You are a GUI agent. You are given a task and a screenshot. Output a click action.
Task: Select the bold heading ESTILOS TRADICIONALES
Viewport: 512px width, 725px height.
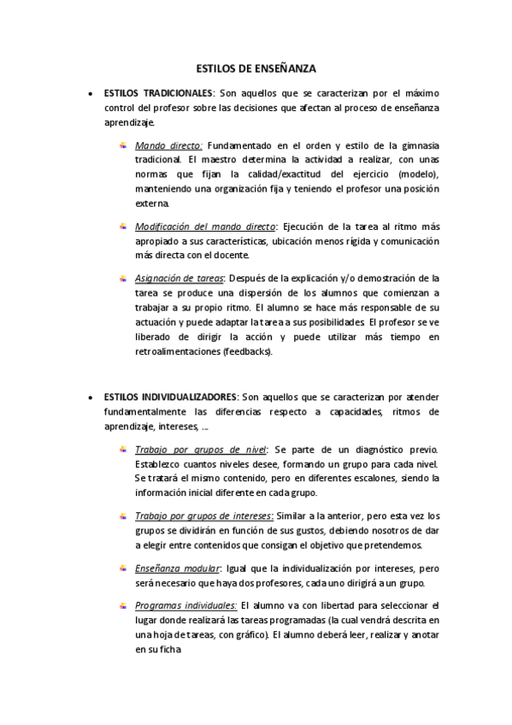click(157, 91)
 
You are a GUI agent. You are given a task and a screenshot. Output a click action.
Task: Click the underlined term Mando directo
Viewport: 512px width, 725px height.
click(168, 145)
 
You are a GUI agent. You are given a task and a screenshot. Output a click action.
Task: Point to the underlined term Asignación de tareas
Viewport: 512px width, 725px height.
click(179, 278)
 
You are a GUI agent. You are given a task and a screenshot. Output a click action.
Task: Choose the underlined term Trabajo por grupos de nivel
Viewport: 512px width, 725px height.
click(202, 450)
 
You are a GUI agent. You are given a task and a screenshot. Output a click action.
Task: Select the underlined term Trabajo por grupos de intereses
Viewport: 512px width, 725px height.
click(204, 516)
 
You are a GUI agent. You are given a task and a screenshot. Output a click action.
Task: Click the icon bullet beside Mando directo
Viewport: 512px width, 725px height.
click(123, 145)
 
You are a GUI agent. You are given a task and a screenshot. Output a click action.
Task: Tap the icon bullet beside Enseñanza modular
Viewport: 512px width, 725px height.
click(123, 569)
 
